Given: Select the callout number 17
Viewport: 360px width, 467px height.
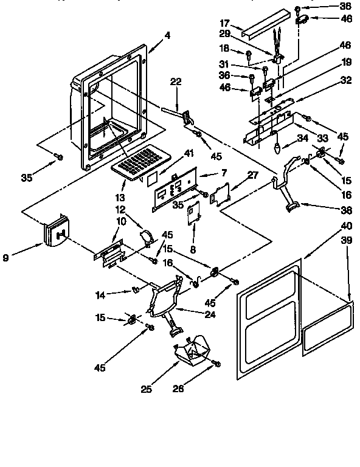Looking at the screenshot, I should click(x=224, y=25).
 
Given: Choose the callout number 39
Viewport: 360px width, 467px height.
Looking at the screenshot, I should click(x=347, y=241).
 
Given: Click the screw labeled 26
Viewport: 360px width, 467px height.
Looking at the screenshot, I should click(x=218, y=365).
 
